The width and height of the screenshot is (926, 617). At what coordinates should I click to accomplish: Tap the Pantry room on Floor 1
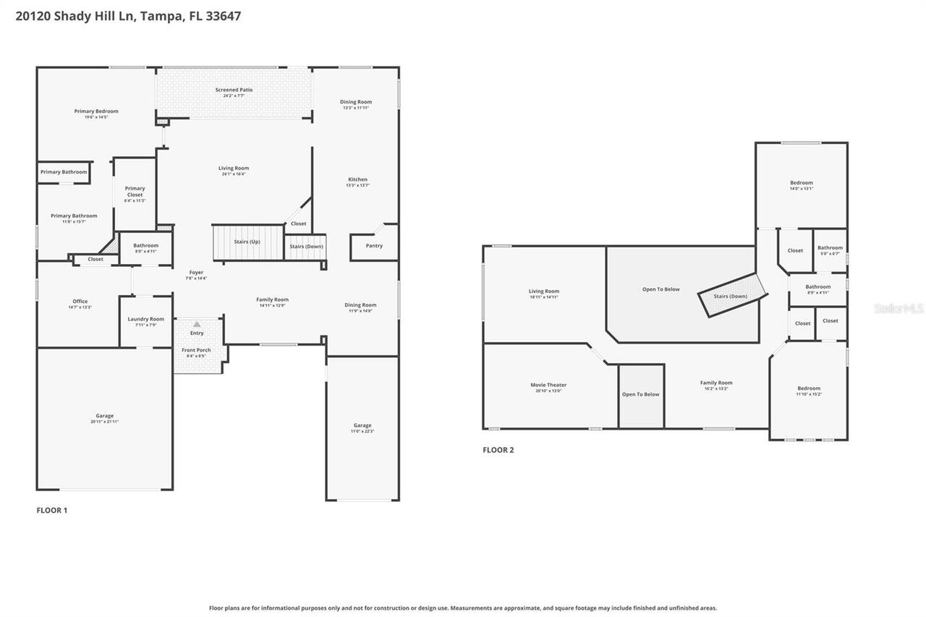[374, 246]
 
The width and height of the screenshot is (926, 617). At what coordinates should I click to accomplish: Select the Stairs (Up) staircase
[247, 242]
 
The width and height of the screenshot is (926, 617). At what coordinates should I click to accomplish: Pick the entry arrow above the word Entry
[197, 324]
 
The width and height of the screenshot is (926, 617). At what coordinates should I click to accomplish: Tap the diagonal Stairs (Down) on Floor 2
[731, 296]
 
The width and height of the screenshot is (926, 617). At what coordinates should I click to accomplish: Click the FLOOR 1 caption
[52, 510]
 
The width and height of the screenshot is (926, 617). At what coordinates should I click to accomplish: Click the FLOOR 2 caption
[498, 450]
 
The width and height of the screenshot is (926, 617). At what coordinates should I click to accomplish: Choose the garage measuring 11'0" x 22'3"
[362, 427]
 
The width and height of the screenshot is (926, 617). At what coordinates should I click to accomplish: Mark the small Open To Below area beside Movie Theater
[641, 395]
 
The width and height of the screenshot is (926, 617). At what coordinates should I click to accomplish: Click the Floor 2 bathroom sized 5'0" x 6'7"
[830, 250]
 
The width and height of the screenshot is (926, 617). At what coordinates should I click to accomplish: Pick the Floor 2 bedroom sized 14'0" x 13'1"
[801, 184]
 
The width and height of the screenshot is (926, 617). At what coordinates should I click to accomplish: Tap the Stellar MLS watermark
[899, 308]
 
